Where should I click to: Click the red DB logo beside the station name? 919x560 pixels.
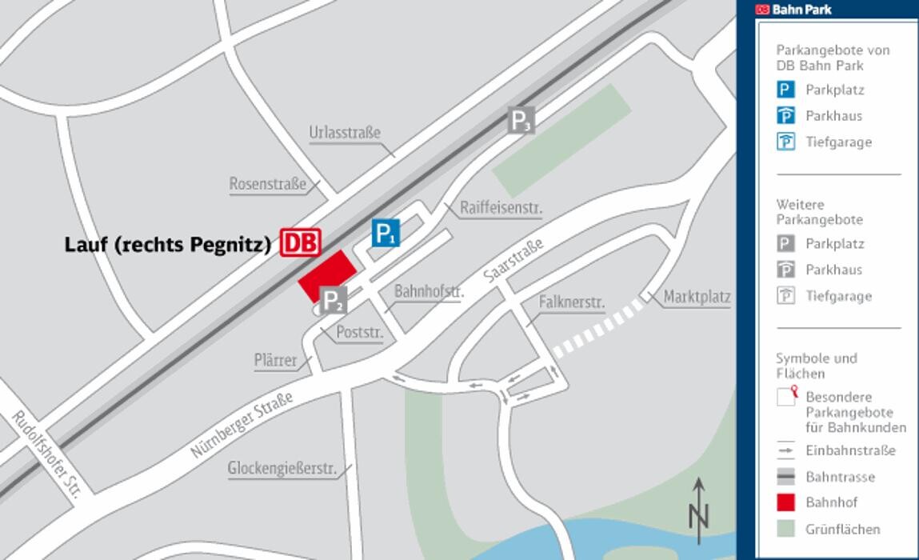pyautogui.click(x=301, y=242)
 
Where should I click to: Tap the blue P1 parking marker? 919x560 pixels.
pyautogui.click(x=386, y=234)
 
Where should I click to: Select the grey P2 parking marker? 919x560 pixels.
pyautogui.click(x=334, y=301)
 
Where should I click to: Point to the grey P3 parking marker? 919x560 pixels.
pyautogui.click(x=521, y=121)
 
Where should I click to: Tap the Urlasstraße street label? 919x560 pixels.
pyautogui.click(x=345, y=133)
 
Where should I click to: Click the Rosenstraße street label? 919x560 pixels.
pyautogui.click(x=267, y=184)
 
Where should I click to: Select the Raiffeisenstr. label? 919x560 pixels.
pyautogui.click(x=501, y=208)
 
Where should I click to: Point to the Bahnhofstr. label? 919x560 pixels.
pyautogui.click(x=429, y=291)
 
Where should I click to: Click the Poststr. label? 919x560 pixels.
pyautogui.click(x=359, y=332)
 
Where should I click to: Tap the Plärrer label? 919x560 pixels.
pyautogui.click(x=275, y=361)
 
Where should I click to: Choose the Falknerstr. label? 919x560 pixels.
pyautogui.click(x=571, y=302)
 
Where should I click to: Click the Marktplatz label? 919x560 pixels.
pyautogui.click(x=697, y=297)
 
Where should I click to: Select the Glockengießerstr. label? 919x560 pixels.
pyautogui.click(x=282, y=468)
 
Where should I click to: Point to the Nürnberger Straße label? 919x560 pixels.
pyautogui.click(x=241, y=424)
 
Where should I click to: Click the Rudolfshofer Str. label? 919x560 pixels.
pyautogui.click(x=47, y=454)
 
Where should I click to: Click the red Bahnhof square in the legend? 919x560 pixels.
pyautogui.click(x=786, y=502)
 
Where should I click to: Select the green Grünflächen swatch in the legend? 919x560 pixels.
pyautogui.click(x=786, y=529)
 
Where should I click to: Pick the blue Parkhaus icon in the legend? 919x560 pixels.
pyautogui.click(x=786, y=116)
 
